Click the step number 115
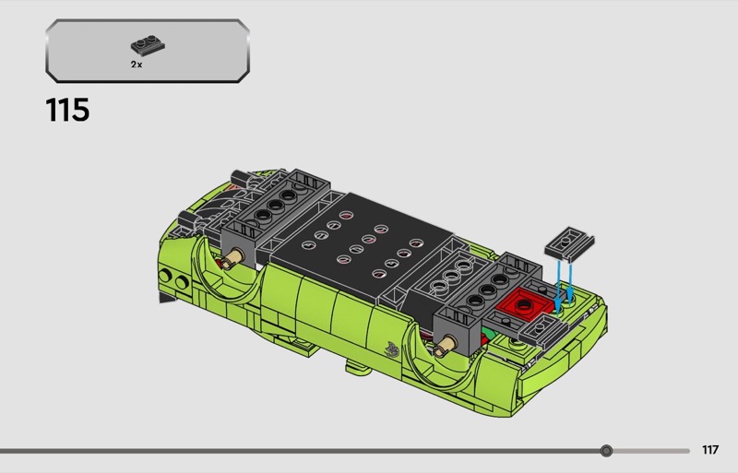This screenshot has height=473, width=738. coord(67,110)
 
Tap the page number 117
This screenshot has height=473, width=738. coord(710,450)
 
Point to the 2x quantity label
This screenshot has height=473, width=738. coord(137,65)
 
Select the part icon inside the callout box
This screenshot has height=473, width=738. coord(148,44)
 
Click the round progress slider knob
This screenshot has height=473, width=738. coord(606,451)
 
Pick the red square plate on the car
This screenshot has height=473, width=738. coord(524,304)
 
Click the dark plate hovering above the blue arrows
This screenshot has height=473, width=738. coord(569,243)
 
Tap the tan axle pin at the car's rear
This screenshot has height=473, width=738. coord(233,258)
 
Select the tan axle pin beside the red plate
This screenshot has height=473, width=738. coord(446,346)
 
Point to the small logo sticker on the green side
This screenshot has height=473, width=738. coord(392,349)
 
